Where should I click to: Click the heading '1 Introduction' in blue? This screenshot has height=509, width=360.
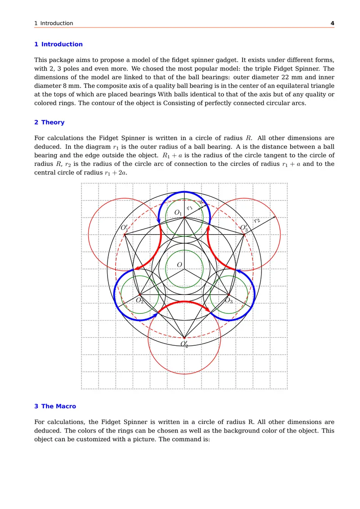pos(58,44)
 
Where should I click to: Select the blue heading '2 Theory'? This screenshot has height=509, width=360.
pos(49,122)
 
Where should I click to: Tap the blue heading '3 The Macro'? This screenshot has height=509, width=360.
pos(55,406)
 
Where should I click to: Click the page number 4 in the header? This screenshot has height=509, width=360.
pos(332,23)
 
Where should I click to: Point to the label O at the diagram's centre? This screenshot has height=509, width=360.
pos(180,264)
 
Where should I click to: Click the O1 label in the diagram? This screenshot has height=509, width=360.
pos(178,213)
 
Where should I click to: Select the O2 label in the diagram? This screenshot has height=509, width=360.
pos(139,300)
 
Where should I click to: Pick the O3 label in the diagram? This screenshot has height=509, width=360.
pos(229,300)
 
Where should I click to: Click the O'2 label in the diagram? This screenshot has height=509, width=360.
pos(184,344)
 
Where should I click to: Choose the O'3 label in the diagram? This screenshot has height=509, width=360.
pos(244,228)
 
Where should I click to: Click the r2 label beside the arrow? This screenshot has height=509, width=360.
pos(257,220)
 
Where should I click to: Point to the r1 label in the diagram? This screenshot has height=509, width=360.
pos(190,208)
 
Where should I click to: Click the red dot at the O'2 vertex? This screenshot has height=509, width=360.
pos(184,338)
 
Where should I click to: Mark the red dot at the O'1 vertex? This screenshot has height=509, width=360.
pos(125,234)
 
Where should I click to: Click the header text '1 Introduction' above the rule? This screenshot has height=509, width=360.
pos(54,23)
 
